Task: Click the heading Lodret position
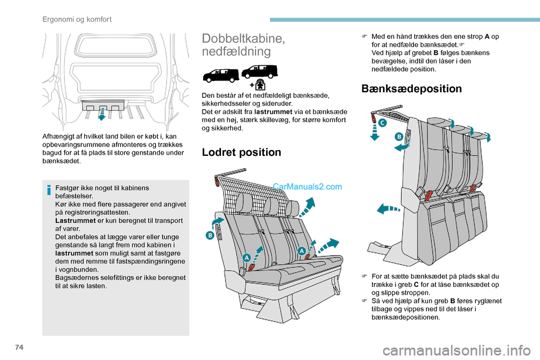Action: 241,152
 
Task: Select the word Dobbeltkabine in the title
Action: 244,38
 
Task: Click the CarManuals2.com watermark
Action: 307,187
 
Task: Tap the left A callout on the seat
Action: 246,257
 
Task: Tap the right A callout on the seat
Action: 301,251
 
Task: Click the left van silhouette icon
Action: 220,75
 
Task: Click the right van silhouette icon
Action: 259,71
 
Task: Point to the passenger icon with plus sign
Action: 259,84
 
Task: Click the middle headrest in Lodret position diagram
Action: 271,206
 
